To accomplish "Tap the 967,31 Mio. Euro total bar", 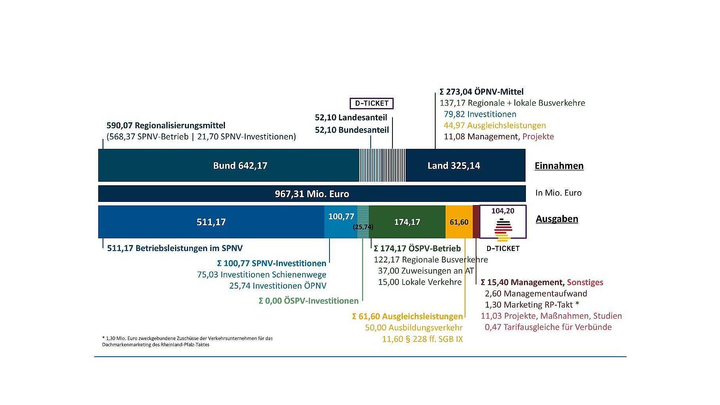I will [312, 194].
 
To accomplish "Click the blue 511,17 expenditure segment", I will [211, 222].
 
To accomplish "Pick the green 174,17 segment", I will [407, 222].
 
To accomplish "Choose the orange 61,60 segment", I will [459, 222].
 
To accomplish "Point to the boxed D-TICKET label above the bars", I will [371, 103].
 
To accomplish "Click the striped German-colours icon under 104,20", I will [503, 230].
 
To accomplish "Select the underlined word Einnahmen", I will [559, 165].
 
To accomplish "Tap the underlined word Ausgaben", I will [557, 219].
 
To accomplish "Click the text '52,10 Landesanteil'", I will [351, 118].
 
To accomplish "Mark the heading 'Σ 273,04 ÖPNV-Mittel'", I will [482, 92].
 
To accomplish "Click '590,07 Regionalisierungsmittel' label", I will [166, 125].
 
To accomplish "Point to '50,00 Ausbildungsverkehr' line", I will [414, 328].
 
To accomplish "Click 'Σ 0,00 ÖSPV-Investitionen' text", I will [309, 301].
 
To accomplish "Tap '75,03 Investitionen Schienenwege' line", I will [262, 275].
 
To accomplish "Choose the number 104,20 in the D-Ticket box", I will [503, 211].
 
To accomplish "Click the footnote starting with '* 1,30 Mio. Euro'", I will [187, 341].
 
